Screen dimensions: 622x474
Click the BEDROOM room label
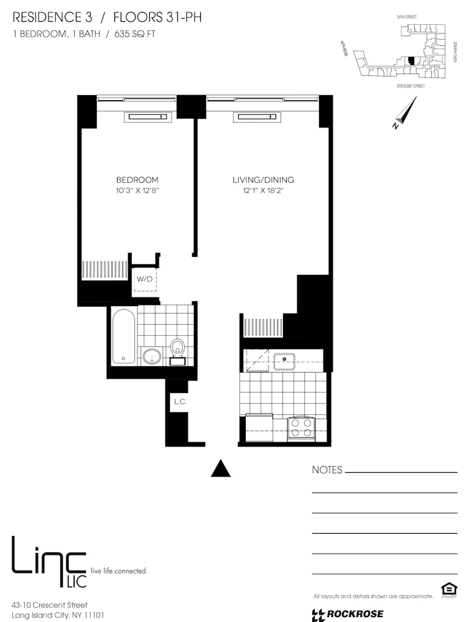pos(137,180)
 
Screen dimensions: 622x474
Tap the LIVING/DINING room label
pos(263,180)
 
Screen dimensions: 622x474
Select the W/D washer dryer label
pos(145,279)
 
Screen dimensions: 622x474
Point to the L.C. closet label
pos(180,402)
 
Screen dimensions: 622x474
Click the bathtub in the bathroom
pos(123,337)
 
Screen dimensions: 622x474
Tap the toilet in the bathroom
pos(178,349)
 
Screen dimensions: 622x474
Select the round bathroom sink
pos(151,356)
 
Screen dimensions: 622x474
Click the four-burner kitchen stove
pos(302,428)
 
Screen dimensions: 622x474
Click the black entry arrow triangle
pos(221,468)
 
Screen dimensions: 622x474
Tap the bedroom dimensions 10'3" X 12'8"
pos(137,190)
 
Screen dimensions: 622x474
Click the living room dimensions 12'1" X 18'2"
pos(263,190)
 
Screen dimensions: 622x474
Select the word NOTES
pos(327,470)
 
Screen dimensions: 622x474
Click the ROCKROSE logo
pos(348,615)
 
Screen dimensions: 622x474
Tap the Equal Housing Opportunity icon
pos(447,589)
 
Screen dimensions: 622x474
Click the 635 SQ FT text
pos(133,34)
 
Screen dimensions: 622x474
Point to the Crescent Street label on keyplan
pos(411,86)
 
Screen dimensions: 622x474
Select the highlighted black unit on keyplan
pos(411,60)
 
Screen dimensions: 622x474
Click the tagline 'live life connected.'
pos(119,570)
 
